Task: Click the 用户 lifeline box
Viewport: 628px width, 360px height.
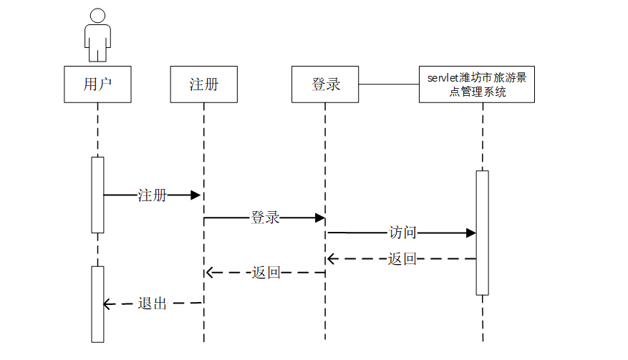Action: pos(97,84)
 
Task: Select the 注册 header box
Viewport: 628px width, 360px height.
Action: pos(203,84)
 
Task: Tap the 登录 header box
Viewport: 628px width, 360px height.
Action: pos(325,84)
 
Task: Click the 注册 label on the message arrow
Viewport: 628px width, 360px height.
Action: pos(152,195)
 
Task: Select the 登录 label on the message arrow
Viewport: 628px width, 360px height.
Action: pos(264,218)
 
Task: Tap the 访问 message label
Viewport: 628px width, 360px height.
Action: pos(402,233)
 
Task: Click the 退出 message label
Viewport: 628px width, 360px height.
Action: pos(152,303)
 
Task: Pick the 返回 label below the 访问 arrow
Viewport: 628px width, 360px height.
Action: pos(402,259)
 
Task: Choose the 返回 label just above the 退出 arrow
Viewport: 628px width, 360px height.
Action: pos(266,273)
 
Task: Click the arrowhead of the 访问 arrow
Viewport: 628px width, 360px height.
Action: pos(470,233)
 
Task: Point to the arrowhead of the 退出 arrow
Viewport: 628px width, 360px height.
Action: pos(108,304)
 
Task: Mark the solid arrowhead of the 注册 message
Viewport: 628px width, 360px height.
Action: pos(195,195)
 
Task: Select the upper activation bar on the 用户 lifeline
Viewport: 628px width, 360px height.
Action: pos(97,195)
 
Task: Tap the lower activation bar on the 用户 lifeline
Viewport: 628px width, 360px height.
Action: pos(97,303)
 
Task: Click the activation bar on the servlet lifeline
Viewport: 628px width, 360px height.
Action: pos(482,233)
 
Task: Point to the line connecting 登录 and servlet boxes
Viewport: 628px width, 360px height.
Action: pos(389,84)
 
